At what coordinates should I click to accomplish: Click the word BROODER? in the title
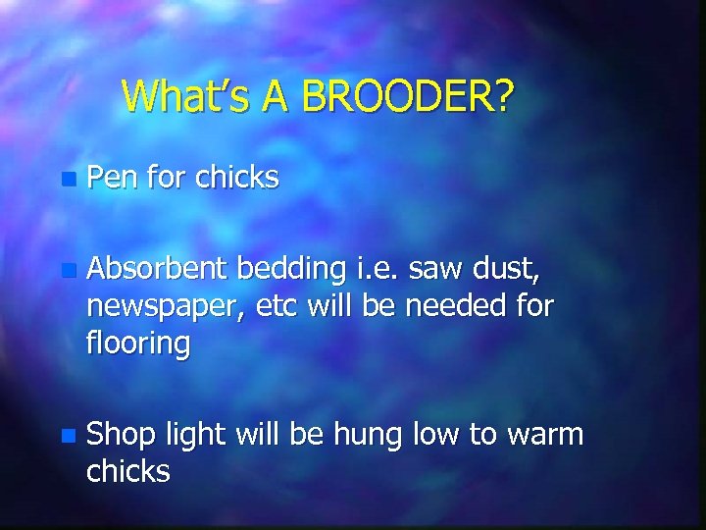pyautogui.click(x=407, y=96)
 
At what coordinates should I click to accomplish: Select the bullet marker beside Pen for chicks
pyautogui.click(x=66, y=180)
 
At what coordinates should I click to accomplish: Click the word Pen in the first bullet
pyautogui.click(x=112, y=178)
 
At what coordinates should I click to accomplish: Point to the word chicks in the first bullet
pyautogui.click(x=236, y=178)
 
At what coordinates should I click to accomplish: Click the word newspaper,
pyautogui.click(x=166, y=307)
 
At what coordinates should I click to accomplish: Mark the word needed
pyautogui.click(x=454, y=305)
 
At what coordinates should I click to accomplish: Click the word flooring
pyautogui.click(x=138, y=344)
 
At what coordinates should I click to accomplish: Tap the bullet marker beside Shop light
pyautogui.click(x=66, y=435)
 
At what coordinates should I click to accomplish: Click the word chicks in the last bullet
pyautogui.click(x=128, y=471)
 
